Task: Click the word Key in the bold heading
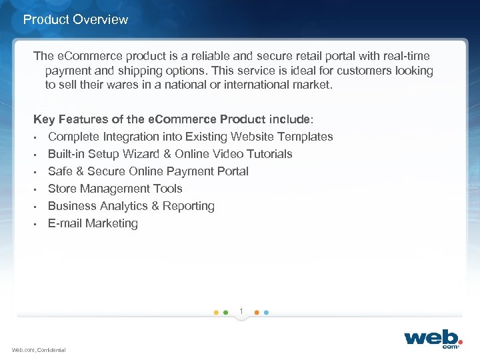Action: pyautogui.click(x=44, y=119)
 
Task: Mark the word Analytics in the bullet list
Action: pyautogui.click(x=125, y=206)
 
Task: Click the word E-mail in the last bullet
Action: pyautogui.click(x=65, y=223)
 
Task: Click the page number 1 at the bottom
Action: pyautogui.click(x=241, y=310)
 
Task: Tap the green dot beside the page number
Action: pyautogui.click(x=226, y=312)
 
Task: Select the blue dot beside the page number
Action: pyautogui.click(x=266, y=312)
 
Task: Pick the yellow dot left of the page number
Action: pyautogui.click(x=215, y=312)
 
